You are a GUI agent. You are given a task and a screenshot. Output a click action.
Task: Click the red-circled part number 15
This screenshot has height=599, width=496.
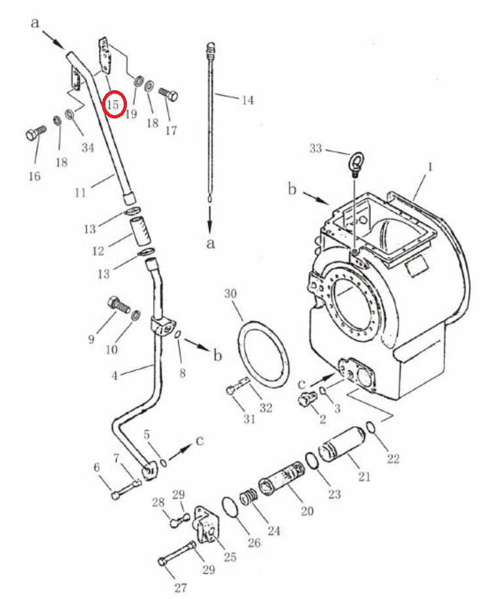point(113,104)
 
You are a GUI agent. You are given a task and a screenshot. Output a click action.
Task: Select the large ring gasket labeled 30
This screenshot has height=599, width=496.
point(263,354)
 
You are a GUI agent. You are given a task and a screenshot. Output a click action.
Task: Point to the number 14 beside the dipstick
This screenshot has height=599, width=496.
point(247,100)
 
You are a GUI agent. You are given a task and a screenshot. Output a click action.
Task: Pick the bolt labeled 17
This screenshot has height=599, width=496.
point(168,94)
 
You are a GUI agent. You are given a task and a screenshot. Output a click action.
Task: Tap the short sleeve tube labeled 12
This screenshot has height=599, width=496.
point(141,230)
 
